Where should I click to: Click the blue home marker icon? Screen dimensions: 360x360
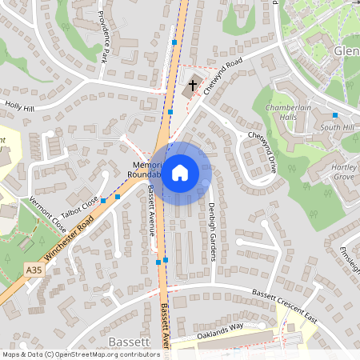180,172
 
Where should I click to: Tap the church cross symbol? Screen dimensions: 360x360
192,84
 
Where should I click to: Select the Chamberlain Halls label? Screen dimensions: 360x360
286,112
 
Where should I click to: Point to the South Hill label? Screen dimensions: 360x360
336,127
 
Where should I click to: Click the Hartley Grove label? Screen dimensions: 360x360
344,171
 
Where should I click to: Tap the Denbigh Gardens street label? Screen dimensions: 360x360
213,231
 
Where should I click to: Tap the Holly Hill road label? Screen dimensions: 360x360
20,106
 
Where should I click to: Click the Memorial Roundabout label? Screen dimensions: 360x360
146,169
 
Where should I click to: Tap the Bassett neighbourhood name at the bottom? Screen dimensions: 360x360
128,342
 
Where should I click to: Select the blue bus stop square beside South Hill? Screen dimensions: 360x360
334,116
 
